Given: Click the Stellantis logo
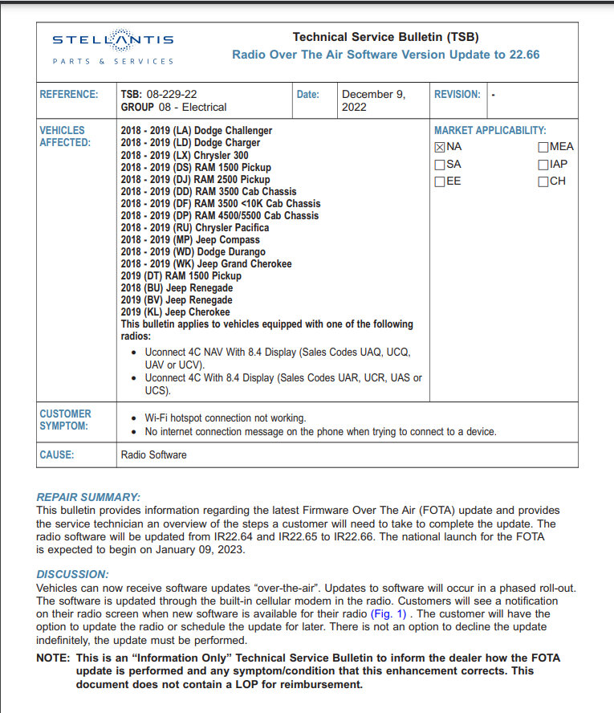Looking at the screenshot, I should tap(113, 48).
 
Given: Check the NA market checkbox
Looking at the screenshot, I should tap(440, 147).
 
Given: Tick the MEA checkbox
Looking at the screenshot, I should tap(543, 147).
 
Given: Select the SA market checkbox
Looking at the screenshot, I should tap(440, 165).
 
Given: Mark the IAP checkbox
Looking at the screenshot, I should tap(543, 165).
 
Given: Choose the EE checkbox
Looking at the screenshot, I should tap(440, 181).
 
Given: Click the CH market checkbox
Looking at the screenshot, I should tap(543, 181).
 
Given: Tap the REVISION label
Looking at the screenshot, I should tap(457, 94).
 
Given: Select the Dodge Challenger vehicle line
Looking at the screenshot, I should tap(197, 130).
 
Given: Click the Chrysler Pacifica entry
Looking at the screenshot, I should tap(195, 227).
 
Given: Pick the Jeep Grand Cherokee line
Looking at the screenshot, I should tap(206, 263).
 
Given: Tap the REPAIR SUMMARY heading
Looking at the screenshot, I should tap(88, 498).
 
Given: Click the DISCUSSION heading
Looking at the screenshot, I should tap(72, 574).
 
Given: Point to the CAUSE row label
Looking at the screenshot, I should tap(57, 454).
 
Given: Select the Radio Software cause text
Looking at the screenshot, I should tap(154, 454).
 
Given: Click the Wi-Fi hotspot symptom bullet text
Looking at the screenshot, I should tap(226, 418).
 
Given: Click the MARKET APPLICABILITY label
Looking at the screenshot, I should tap(490, 130).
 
